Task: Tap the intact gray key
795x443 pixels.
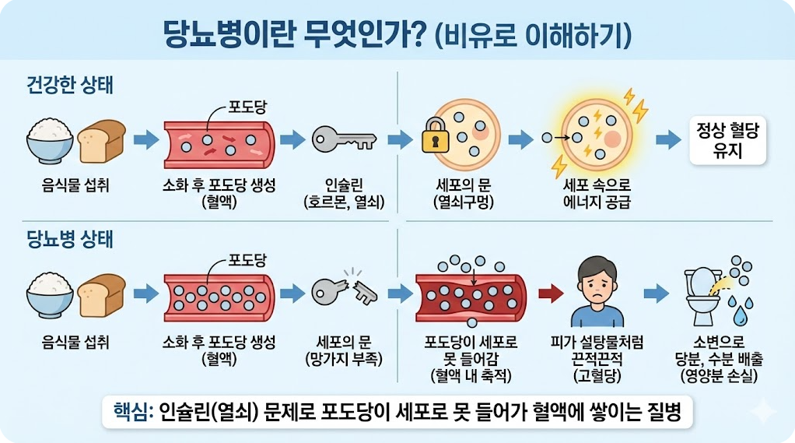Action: pyautogui.click(x=343, y=139)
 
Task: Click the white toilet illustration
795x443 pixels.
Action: pyautogui.click(x=701, y=294)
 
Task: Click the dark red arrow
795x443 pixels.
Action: pyautogui.click(x=550, y=294)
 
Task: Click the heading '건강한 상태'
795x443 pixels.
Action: pyautogui.click(x=69, y=85)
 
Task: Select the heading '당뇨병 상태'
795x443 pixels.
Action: pyautogui.click(x=69, y=239)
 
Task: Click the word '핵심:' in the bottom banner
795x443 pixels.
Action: pyautogui.click(x=132, y=413)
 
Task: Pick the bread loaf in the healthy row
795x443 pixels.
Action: pyautogui.click(x=102, y=139)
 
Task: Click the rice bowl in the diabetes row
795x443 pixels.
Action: pyautogui.click(x=50, y=294)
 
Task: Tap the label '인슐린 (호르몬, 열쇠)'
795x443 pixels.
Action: pyautogui.click(x=343, y=194)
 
